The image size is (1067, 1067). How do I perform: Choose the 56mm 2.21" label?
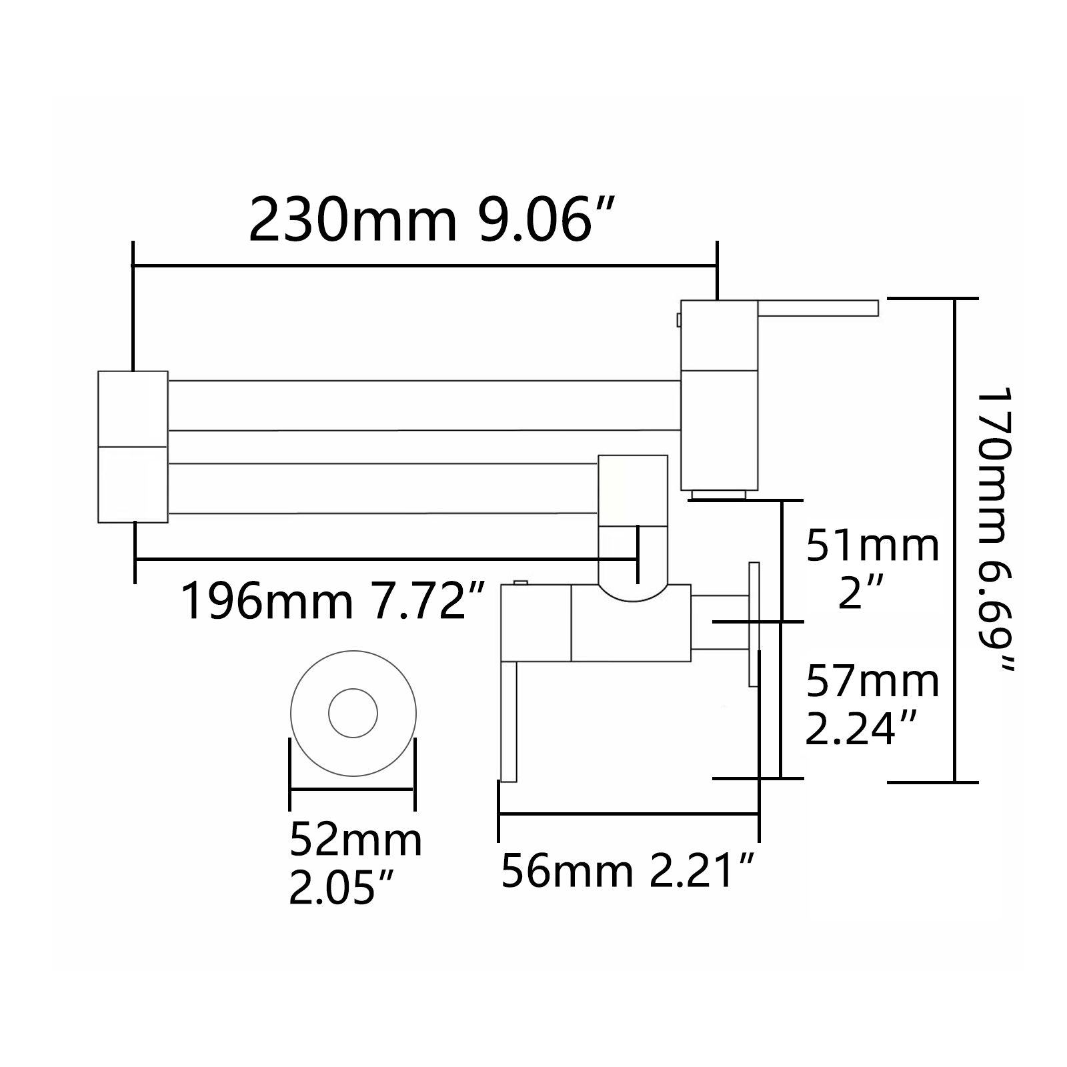[x=628, y=870]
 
